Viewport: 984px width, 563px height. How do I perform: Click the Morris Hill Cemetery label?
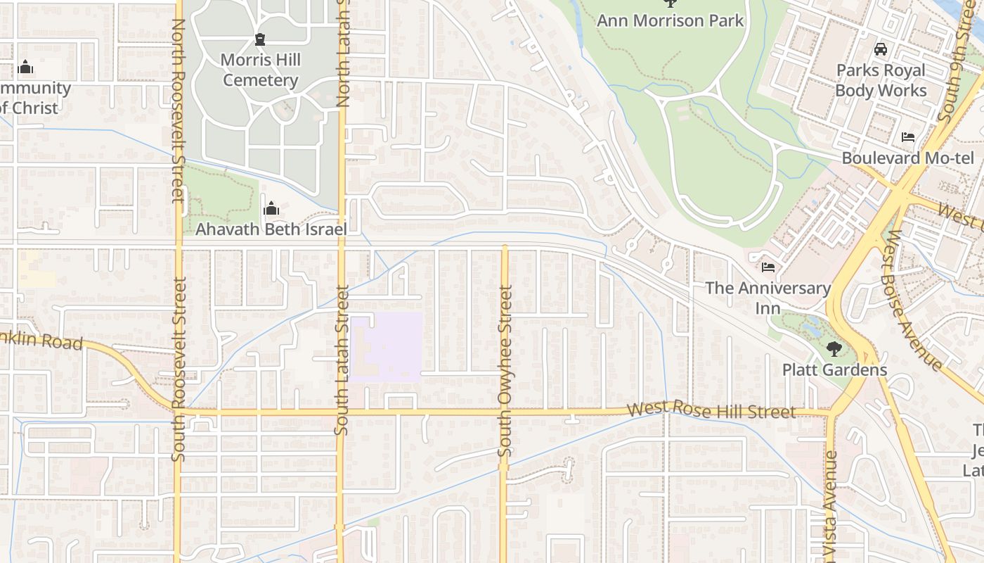click(261, 70)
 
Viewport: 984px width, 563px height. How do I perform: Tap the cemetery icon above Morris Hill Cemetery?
click(261, 39)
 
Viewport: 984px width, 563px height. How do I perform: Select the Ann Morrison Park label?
click(670, 20)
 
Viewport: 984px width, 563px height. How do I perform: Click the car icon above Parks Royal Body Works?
click(880, 49)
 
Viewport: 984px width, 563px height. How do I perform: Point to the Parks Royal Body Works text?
click(881, 80)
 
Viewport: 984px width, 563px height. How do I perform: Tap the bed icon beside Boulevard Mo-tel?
click(908, 137)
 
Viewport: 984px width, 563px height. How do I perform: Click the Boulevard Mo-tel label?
click(908, 158)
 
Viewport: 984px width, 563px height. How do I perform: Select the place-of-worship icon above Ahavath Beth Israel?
click(271, 208)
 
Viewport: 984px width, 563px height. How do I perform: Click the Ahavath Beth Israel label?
click(271, 229)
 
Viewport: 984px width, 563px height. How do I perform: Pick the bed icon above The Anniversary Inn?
click(768, 267)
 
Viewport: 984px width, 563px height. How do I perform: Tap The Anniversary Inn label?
click(768, 298)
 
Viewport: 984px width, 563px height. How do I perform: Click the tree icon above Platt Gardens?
click(834, 348)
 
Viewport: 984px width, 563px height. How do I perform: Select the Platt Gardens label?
click(834, 369)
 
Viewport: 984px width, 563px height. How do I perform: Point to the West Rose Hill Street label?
click(711, 410)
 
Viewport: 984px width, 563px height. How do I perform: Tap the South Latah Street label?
click(342, 359)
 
